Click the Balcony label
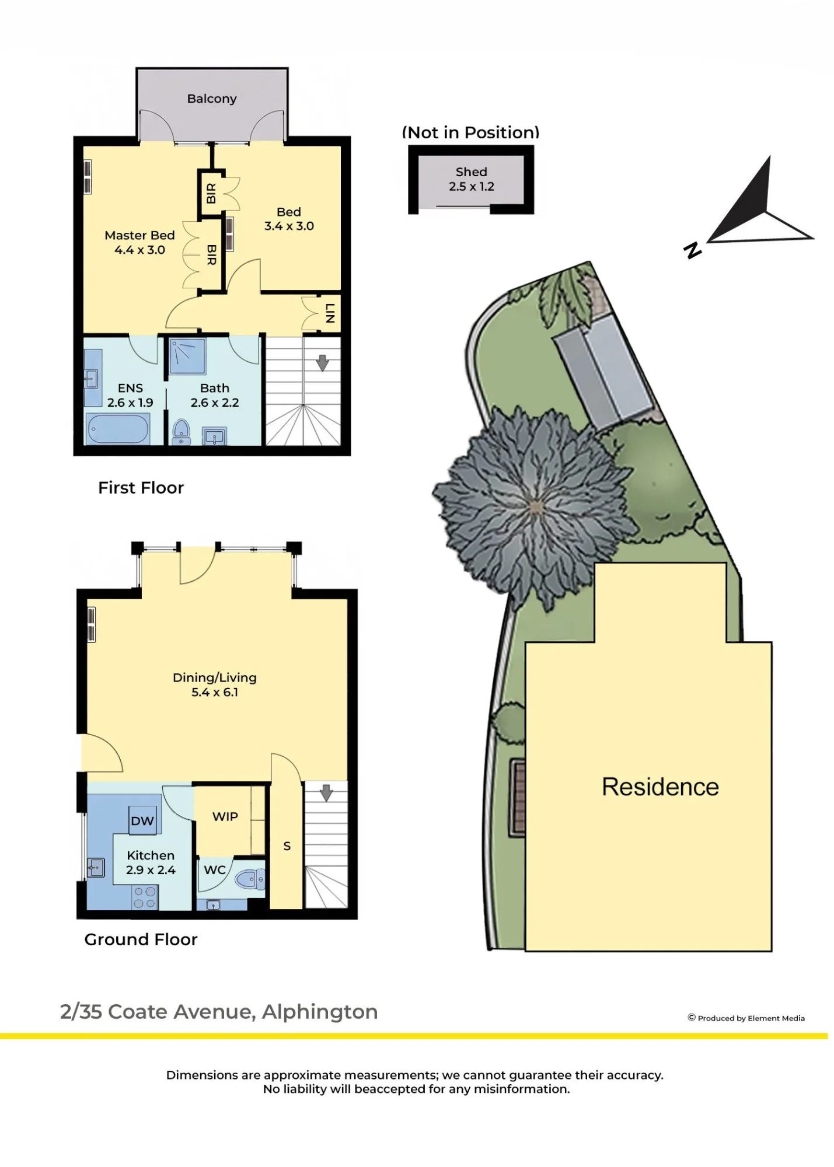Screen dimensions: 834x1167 coord(212,99)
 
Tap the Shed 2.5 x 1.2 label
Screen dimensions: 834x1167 coord(472,179)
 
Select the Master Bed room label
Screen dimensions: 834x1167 coord(139,242)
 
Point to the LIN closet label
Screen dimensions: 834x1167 coord(330,313)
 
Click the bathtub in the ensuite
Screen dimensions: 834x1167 coord(118,429)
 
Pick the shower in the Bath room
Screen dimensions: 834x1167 coord(187,356)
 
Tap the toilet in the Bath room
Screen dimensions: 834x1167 coord(182,431)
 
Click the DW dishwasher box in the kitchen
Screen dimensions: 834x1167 coord(142,821)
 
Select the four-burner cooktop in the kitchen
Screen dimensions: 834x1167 coord(145,897)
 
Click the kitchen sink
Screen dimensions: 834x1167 coord(95,868)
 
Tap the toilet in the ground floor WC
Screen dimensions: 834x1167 coord(250,879)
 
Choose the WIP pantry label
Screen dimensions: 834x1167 coord(225,816)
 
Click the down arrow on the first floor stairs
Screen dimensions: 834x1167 coord(322,362)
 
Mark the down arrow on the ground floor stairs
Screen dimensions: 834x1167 coord(326,792)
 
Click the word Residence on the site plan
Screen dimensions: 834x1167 coord(660,787)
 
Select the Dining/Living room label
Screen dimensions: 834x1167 coord(215,684)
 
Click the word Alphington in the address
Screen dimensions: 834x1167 coord(320,1011)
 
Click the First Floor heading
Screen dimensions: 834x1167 coord(141,487)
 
